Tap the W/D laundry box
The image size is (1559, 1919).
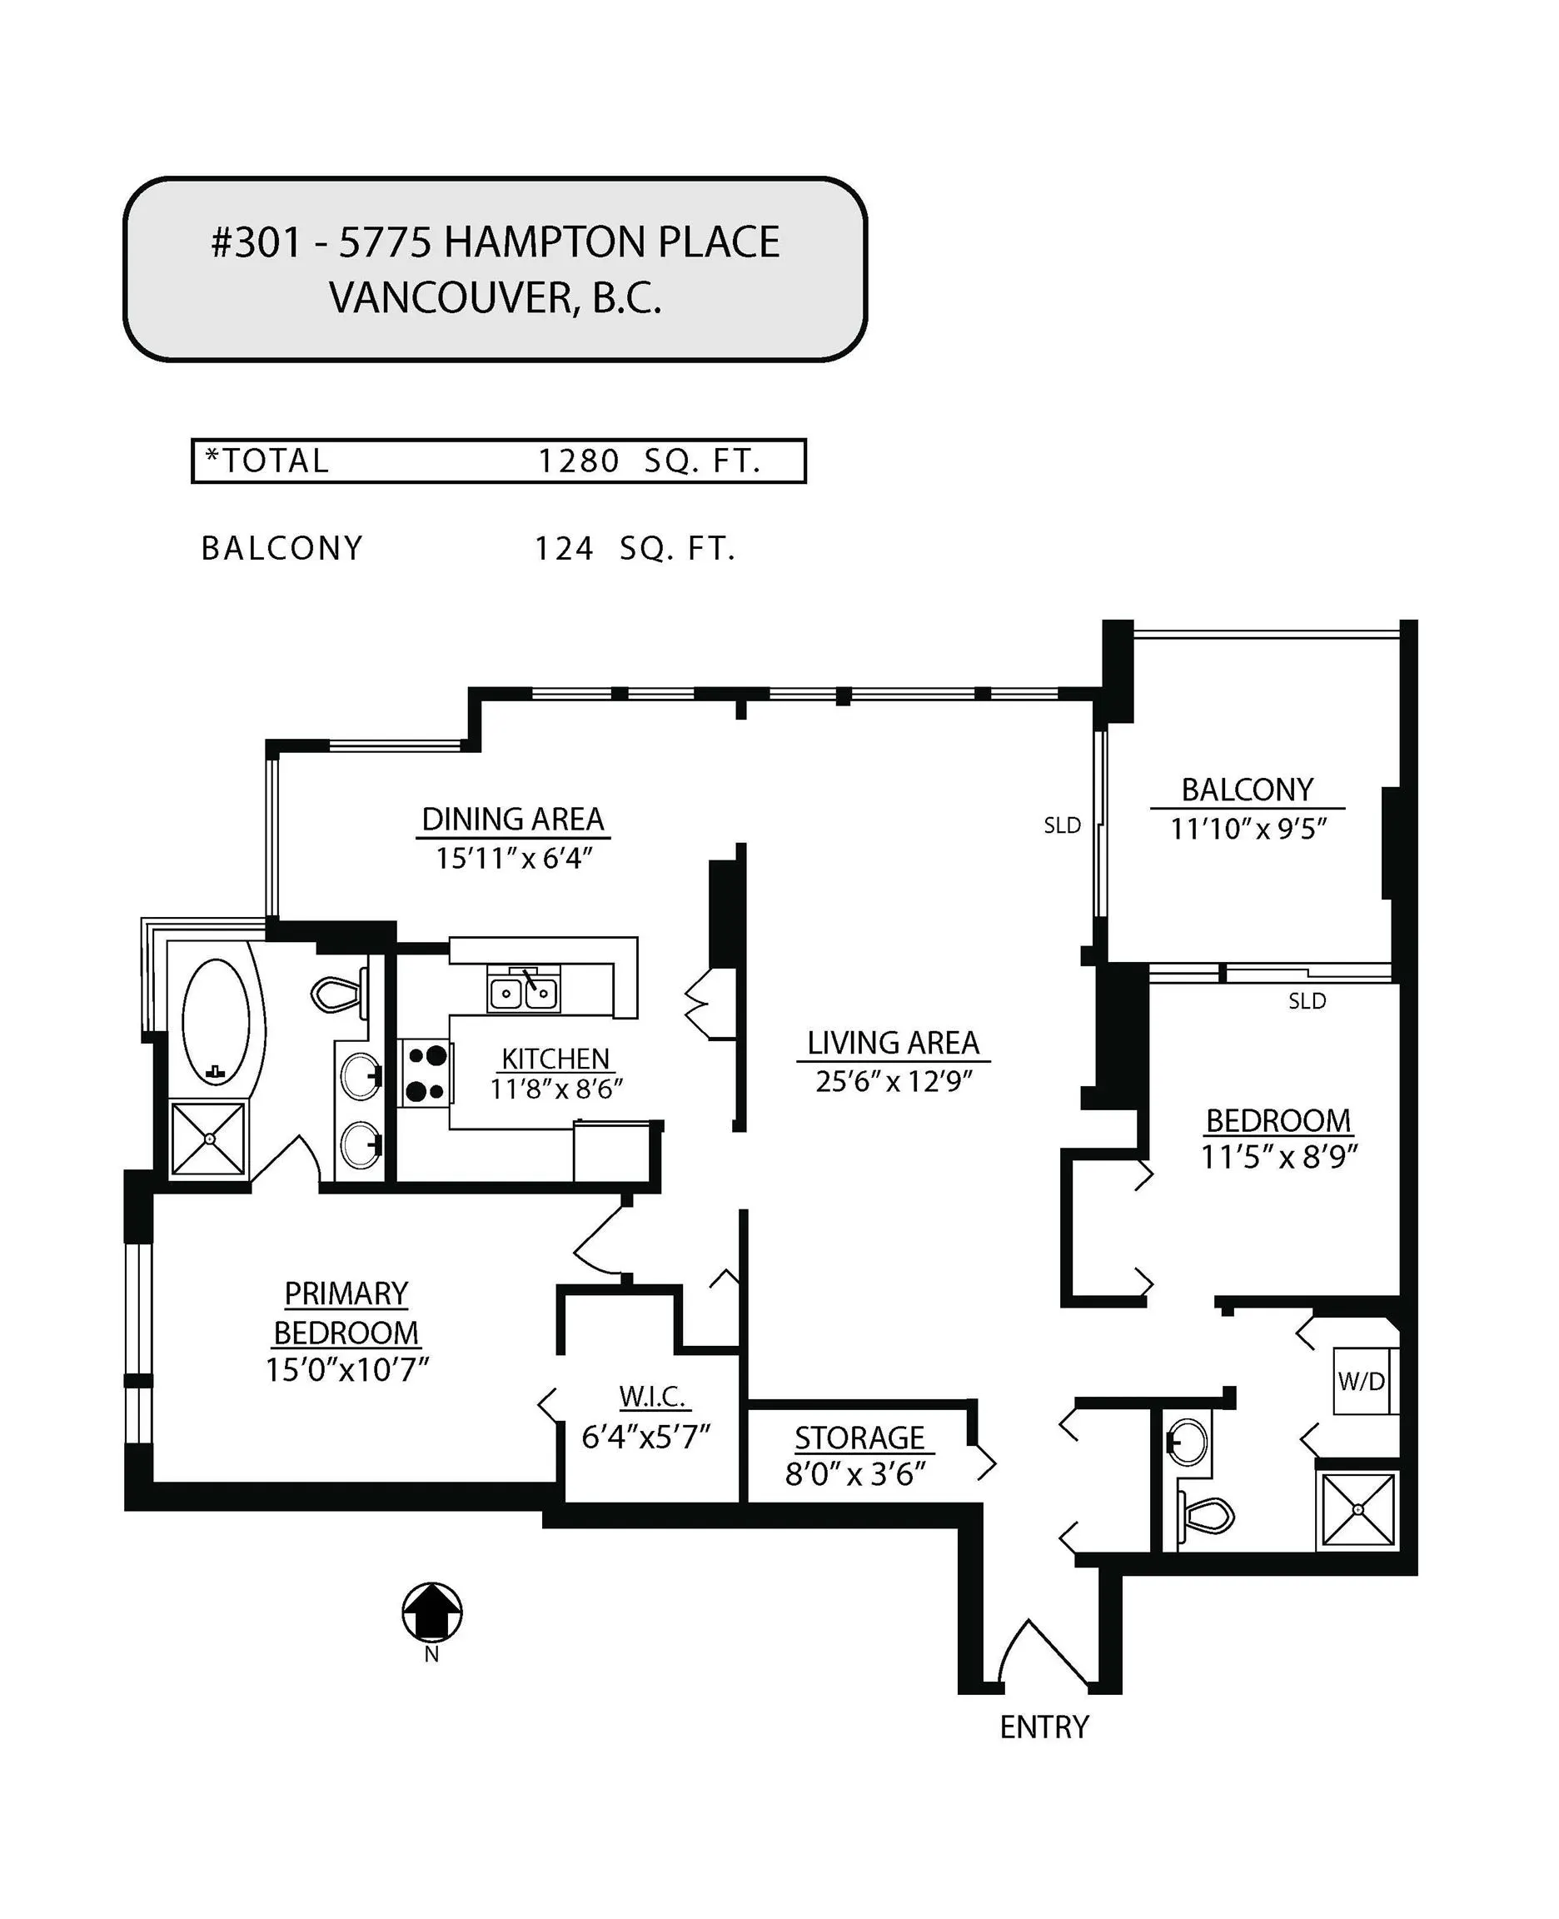coord(1362,1381)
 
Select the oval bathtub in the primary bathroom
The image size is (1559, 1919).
coord(216,1022)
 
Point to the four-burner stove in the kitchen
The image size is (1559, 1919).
coord(426,1073)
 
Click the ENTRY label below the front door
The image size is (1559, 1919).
coord(1043,1727)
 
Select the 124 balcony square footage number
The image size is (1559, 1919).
coord(564,549)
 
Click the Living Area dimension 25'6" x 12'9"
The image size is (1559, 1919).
coord(894,1082)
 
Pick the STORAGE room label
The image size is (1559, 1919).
coord(859,1438)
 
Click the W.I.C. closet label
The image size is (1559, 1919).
coord(653,1397)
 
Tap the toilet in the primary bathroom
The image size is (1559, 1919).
coord(336,993)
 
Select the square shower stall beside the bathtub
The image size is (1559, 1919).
coord(208,1139)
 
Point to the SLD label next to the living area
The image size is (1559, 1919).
coord(1062,825)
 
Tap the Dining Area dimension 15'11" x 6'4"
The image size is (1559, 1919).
coord(514,859)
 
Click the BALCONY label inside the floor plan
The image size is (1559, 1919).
coord(1247,790)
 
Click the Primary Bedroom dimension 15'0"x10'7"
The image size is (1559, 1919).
coord(346,1370)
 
